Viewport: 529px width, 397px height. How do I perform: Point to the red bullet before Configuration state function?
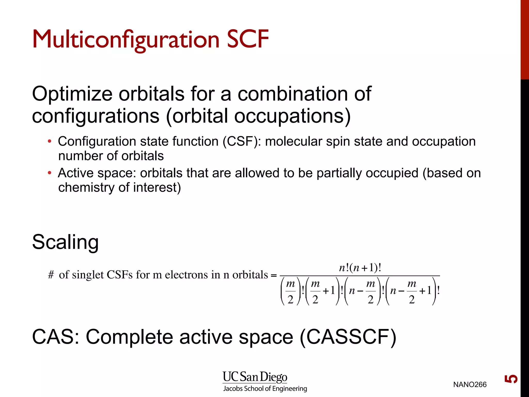[50, 141]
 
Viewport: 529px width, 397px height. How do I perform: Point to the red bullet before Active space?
[50, 173]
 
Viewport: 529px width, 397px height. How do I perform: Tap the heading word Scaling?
[65, 242]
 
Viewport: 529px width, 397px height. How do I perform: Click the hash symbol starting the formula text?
[51, 275]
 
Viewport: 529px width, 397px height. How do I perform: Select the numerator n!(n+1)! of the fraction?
[360, 268]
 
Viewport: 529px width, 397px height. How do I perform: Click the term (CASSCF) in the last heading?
[348, 337]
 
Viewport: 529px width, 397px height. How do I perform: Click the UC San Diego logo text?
[255, 377]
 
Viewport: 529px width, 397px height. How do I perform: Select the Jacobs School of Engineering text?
[265, 389]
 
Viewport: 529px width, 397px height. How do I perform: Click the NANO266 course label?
[470, 385]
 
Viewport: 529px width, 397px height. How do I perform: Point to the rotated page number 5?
[511, 379]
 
